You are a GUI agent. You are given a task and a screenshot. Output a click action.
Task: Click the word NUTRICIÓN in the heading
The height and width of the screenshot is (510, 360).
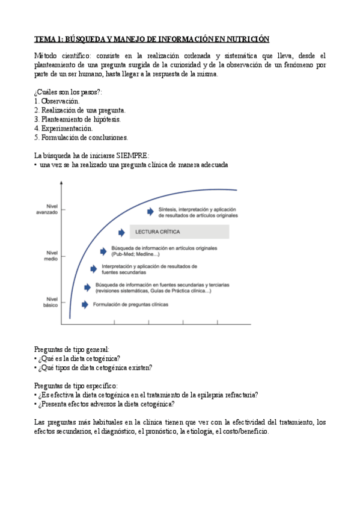244,39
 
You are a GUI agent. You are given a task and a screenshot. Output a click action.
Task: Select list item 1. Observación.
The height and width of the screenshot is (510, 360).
57,101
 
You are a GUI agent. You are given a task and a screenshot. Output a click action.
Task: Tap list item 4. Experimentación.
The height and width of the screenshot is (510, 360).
64,128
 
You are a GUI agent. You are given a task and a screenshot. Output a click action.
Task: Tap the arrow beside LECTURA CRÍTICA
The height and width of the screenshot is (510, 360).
122,232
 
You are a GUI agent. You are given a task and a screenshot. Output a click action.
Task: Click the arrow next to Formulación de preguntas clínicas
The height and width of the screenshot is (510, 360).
85,304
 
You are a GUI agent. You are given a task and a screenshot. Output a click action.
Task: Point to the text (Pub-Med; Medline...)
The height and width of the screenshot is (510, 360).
141,254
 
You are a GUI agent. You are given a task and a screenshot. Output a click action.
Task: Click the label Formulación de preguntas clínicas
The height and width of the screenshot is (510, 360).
130,304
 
